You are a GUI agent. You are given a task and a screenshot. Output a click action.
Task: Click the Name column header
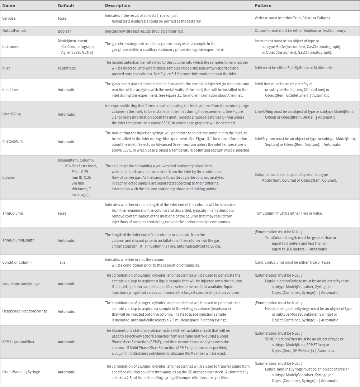click(9, 5)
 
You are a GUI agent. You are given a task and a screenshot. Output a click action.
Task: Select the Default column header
click(66, 5)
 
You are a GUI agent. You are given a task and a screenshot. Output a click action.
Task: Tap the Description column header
click(117, 5)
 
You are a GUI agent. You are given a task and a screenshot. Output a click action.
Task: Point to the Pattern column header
click(263, 5)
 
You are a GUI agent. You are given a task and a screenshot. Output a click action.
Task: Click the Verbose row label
click(9, 18)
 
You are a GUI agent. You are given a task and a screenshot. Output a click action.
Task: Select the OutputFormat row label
click(14, 31)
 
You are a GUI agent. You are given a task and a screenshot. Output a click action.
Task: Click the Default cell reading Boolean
click(65, 31)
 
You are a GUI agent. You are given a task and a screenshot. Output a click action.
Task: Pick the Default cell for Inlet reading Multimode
click(67, 68)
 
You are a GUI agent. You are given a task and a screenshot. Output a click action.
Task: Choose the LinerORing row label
click(11, 114)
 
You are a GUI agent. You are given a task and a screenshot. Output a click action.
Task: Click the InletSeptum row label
click(13, 142)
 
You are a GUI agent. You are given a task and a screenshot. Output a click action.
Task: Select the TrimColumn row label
click(13, 213)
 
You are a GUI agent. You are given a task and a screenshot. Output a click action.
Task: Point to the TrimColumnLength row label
click(18, 240)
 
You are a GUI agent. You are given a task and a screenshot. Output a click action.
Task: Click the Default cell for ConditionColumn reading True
click(62, 262)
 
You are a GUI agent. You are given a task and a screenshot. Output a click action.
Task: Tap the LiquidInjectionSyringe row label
click(21, 284)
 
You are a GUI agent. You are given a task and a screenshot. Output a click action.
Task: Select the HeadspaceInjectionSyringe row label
click(25, 311)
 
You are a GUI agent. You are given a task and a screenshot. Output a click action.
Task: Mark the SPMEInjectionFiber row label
click(18, 341)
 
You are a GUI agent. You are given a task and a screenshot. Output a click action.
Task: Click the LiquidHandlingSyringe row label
click(21, 372)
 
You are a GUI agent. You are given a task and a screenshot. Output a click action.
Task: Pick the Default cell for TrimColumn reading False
click(62, 213)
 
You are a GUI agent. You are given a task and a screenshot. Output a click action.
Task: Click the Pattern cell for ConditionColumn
click(293, 262)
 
